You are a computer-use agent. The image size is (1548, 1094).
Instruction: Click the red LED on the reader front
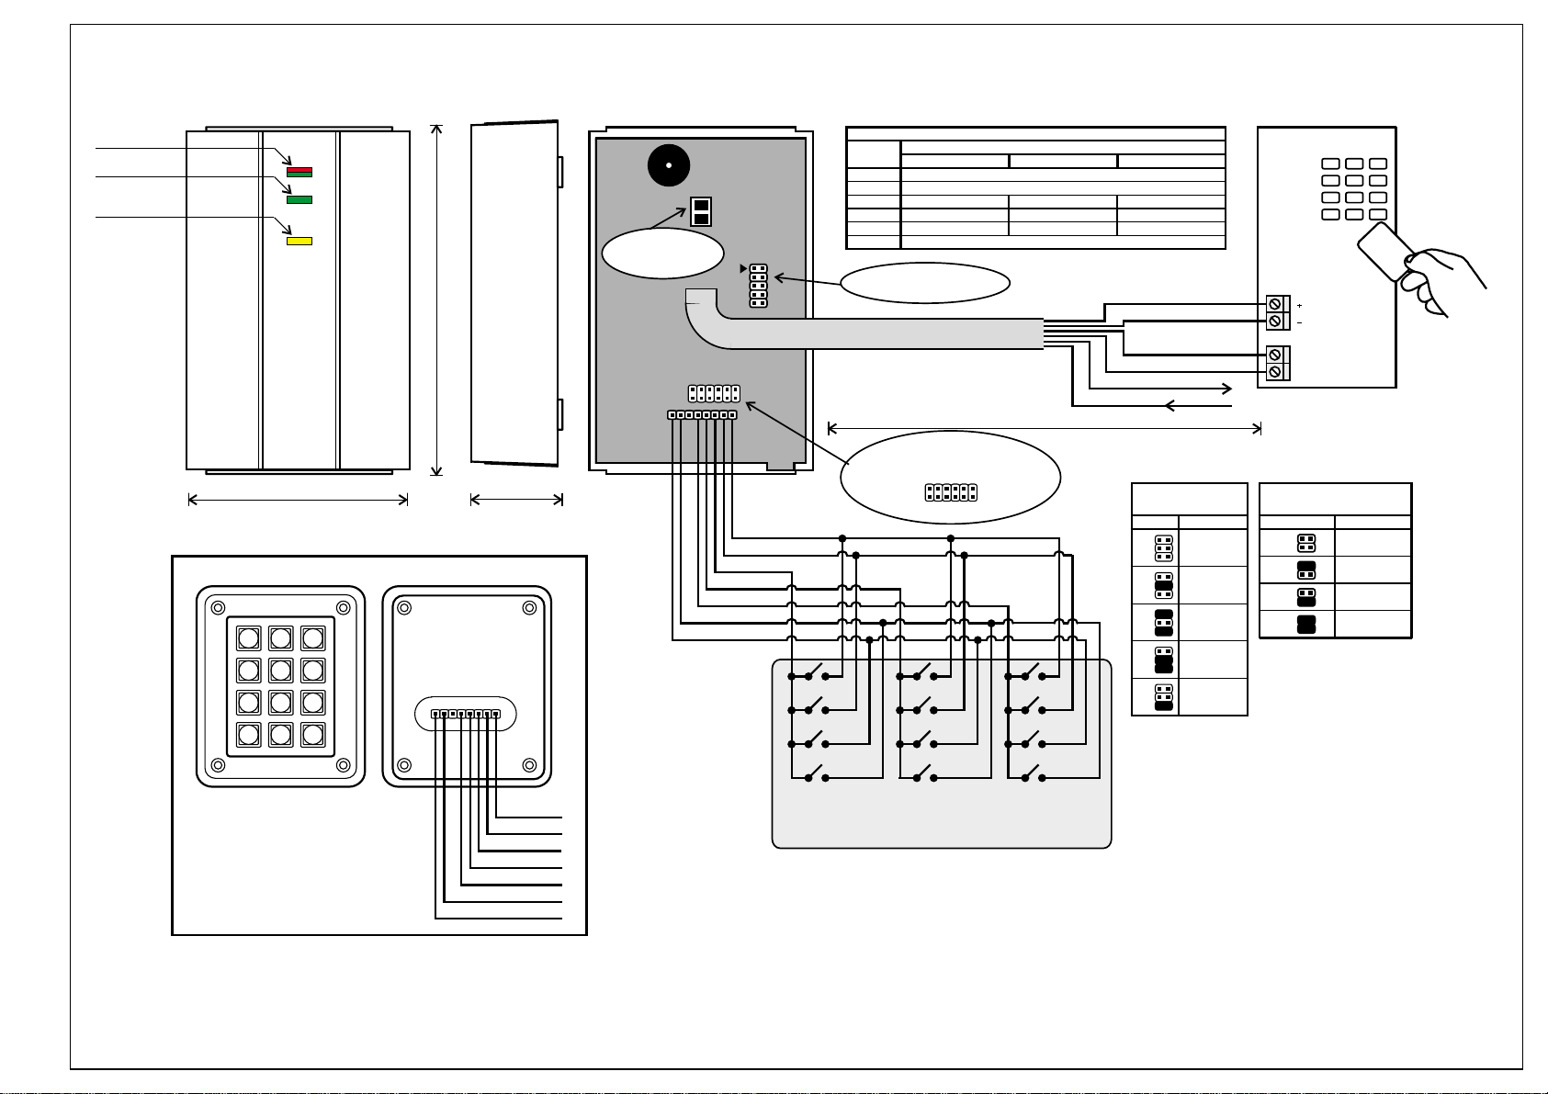299,171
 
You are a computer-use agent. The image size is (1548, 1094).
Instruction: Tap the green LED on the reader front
299,199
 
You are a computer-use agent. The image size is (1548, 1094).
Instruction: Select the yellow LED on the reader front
299,242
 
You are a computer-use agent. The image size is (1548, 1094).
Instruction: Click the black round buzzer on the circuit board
668,166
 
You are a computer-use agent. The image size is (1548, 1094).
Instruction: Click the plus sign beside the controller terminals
1300,305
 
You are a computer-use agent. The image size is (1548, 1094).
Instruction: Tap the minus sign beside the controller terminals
1300,322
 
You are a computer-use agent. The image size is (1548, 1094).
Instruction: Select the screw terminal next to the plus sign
1275,304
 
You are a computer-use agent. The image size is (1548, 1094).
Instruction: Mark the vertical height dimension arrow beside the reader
438,299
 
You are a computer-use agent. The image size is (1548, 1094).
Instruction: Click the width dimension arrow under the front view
298,500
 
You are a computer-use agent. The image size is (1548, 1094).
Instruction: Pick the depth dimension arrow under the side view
516,500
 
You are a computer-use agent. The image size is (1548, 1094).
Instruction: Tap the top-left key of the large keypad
249,638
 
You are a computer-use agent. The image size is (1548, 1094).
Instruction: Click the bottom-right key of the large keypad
313,735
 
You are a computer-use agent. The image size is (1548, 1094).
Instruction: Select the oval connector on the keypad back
465,714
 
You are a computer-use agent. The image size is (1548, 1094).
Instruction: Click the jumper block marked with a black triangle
758,286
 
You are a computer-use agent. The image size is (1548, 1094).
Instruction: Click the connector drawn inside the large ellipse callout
951,492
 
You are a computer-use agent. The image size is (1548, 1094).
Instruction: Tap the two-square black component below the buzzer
700,212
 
